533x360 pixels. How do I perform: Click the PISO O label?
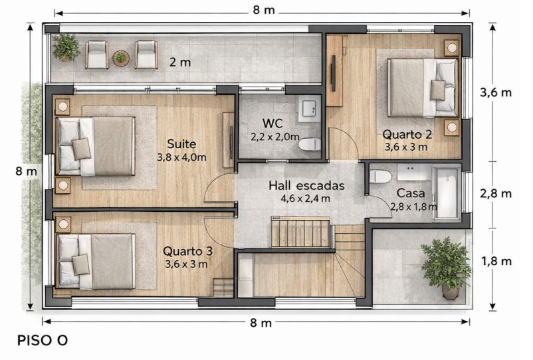coord(43,340)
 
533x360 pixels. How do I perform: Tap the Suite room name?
coord(181,144)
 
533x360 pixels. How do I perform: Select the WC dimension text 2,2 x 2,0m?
coord(275,137)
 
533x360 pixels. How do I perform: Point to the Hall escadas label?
coord(306,186)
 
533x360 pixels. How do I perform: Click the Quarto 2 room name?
coord(407,134)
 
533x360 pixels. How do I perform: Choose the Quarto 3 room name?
coord(187,251)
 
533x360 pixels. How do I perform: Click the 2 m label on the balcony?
coord(180,62)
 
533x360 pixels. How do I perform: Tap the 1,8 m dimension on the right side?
coord(496,261)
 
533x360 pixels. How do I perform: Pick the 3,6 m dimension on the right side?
coord(496,92)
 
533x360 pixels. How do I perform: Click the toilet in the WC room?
coord(310,144)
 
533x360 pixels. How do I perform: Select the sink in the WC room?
coord(309,109)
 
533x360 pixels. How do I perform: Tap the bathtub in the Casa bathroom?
coord(447,193)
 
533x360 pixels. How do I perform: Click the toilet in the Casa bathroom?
coord(380,177)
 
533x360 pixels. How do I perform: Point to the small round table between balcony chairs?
coord(121,58)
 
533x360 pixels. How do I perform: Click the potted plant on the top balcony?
coord(66,48)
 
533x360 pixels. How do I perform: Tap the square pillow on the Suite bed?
coord(81,149)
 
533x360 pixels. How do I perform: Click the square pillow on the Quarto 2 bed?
coord(437,90)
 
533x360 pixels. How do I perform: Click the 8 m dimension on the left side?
coord(26,171)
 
